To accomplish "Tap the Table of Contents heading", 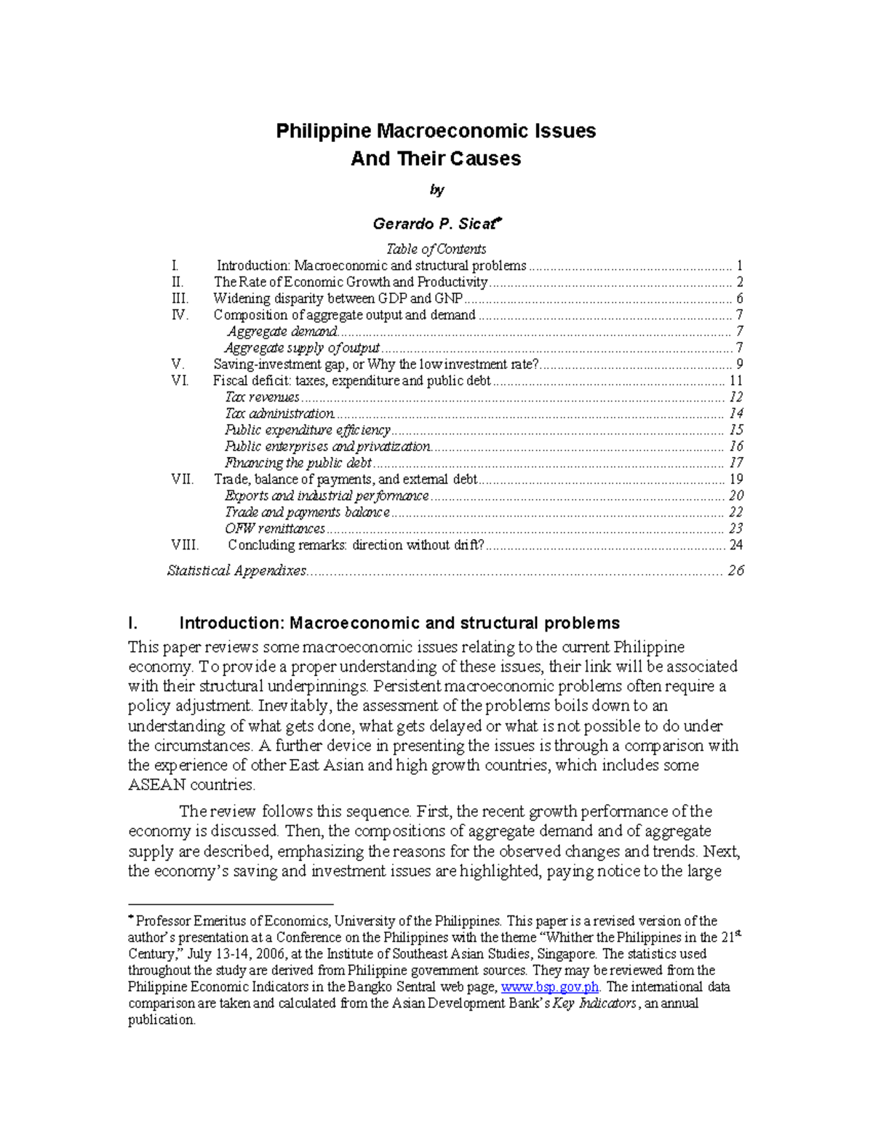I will tap(436, 249).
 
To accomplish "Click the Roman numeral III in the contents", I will tap(180, 298).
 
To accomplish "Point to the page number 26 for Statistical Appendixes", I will tap(736, 570).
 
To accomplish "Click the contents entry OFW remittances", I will tap(275, 529).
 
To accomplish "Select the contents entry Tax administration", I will tap(279, 414).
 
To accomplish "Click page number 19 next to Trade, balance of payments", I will tap(736, 480).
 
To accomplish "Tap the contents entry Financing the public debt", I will tap(298, 463).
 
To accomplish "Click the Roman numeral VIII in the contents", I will tap(185, 545).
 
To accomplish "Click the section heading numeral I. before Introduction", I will tap(132, 623).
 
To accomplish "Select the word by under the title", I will tap(436, 190).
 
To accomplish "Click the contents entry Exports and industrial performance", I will tap(327, 496).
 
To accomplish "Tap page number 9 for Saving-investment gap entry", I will tap(739, 365).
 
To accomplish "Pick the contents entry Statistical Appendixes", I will tap(236, 570).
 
